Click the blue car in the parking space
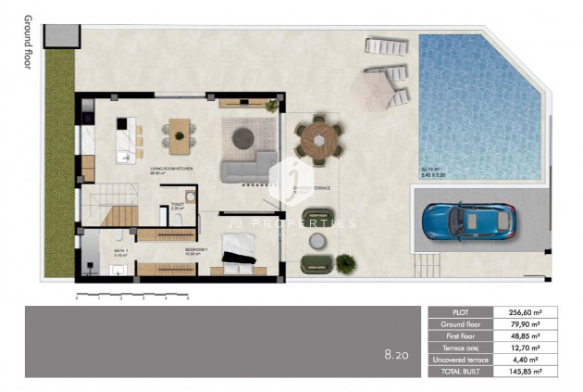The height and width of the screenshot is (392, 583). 469,222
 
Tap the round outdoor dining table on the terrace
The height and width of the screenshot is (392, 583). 319,140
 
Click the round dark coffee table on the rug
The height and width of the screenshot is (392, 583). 243,137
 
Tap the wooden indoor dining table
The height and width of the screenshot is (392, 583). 180,134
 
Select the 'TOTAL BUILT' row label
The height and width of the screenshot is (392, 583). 465,371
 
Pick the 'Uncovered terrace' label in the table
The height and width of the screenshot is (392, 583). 465,359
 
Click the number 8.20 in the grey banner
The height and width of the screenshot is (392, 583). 397,353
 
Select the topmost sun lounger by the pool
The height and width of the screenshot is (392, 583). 382,45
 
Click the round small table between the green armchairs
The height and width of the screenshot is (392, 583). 318,241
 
